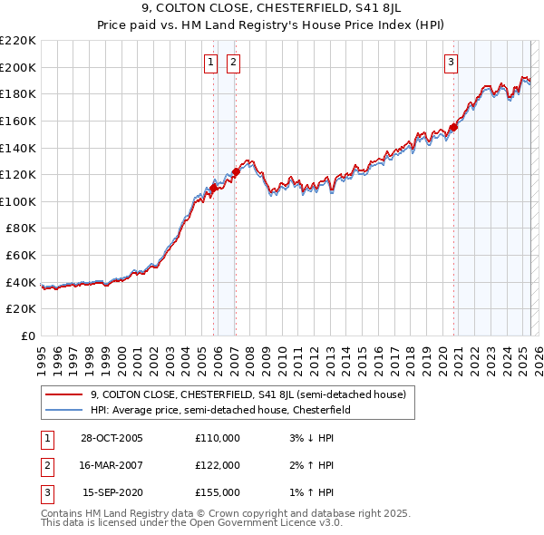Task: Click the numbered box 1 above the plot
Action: point(210,63)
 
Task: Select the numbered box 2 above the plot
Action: point(233,63)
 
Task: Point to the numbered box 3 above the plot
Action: point(451,63)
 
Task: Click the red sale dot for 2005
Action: point(214,188)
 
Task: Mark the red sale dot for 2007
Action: point(236,171)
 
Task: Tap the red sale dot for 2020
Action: point(454,127)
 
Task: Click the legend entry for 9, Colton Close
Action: point(253,394)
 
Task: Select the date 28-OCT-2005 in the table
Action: point(112,438)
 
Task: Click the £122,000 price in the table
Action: point(218,465)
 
